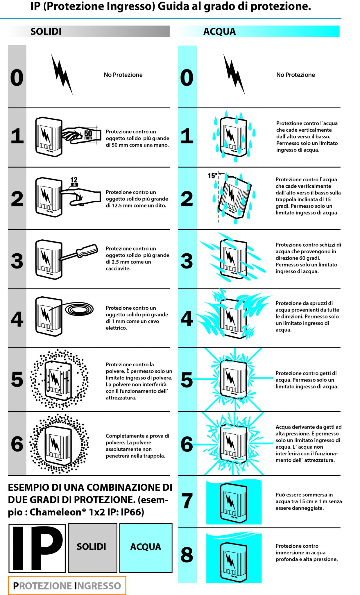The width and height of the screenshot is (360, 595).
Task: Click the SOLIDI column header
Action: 46,31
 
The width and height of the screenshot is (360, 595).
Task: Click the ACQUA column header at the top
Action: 219,31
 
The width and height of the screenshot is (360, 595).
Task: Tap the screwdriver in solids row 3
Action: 78,252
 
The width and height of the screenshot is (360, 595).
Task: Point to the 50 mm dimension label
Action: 88,135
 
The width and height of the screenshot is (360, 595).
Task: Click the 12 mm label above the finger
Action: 74,181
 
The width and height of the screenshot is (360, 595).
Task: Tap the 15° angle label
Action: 212,175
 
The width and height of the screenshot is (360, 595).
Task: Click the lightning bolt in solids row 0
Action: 62,74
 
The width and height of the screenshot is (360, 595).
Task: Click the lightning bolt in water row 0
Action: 234,74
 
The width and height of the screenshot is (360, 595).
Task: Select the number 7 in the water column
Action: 187,501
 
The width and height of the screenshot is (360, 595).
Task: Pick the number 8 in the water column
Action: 187,554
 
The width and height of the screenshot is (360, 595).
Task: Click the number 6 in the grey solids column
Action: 17,444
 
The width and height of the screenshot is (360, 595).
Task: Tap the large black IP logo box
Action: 37,548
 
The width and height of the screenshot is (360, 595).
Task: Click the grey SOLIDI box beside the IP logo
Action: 93,548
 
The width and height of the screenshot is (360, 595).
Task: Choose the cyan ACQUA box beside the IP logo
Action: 146,548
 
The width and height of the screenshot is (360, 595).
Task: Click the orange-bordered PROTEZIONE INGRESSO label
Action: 67,585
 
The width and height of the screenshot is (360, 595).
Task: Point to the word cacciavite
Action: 118,268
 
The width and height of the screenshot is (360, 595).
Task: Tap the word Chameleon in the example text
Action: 55,512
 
